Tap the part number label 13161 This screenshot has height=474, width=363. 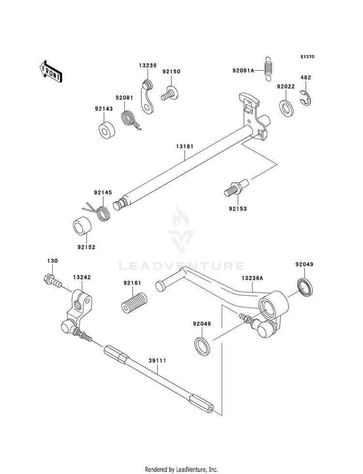[184, 146]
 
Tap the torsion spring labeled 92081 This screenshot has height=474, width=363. [130, 120]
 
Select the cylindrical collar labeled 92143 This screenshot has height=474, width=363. [106, 130]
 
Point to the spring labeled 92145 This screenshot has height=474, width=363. [98, 211]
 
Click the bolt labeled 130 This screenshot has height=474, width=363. [53, 280]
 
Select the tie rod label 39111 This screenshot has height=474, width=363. [157, 360]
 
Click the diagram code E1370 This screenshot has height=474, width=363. [307, 57]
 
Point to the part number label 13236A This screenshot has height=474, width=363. [253, 278]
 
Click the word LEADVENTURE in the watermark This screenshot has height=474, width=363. [181, 266]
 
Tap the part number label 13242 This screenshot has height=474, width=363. [82, 277]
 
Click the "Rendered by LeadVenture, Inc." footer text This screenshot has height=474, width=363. [181, 469]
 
